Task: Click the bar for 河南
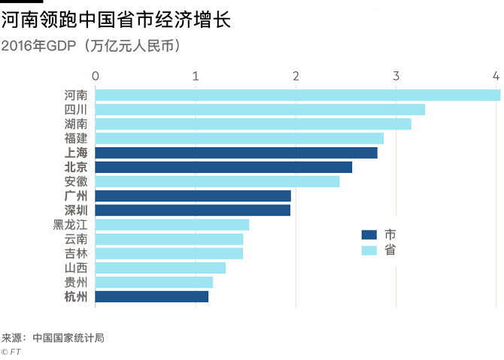click(297, 95)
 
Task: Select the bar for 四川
click(260, 110)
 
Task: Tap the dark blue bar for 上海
click(236, 153)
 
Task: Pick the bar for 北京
click(223, 167)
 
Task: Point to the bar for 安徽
click(217, 181)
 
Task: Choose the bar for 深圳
click(193, 210)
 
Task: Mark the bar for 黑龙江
click(172, 225)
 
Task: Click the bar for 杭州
click(152, 296)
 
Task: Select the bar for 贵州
click(154, 282)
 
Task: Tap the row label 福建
click(75, 138)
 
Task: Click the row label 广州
click(75, 195)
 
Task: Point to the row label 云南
click(75, 239)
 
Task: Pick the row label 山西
click(75, 268)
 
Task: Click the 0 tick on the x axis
click(96, 76)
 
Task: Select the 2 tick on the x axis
click(296, 76)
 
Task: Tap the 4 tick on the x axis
click(496, 76)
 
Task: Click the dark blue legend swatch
click(369, 235)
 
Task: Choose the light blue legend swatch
click(369, 251)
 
